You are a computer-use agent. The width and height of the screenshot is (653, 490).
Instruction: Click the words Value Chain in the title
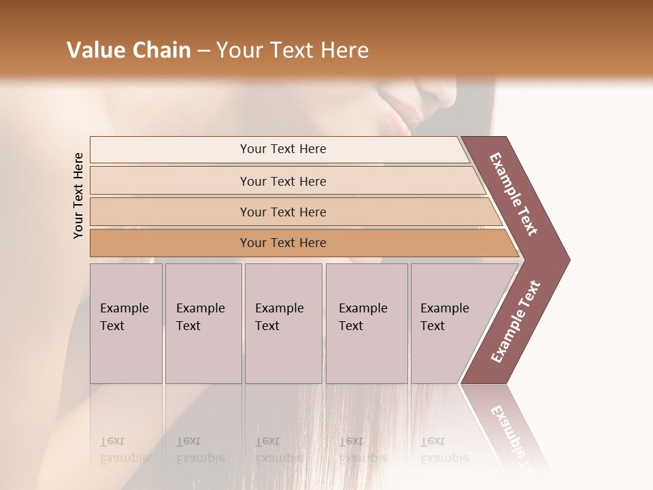click(129, 50)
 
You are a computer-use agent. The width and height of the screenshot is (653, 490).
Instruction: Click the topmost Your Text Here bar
click(282, 149)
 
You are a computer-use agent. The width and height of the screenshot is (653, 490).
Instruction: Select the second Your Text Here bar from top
click(282, 181)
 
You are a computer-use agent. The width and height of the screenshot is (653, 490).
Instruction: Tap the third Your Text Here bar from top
click(282, 212)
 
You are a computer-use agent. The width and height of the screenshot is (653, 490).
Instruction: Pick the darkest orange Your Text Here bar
click(282, 243)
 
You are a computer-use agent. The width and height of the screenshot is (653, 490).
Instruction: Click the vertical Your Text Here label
click(78, 195)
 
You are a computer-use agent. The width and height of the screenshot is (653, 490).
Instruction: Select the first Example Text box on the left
click(126, 323)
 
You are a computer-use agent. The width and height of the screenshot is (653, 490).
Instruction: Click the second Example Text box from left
click(203, 323)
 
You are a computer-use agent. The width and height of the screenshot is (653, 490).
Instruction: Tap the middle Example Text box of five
click(283, 323)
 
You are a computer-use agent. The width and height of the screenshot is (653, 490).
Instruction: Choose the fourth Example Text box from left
click(366, 323)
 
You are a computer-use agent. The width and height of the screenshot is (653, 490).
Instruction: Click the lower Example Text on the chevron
click(516, 322)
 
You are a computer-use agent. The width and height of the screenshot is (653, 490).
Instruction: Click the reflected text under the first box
click(122, 451)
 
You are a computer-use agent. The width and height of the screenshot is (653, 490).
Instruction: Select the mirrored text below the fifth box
click(443, 451)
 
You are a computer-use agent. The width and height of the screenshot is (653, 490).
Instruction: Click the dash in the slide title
click(203, 51)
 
